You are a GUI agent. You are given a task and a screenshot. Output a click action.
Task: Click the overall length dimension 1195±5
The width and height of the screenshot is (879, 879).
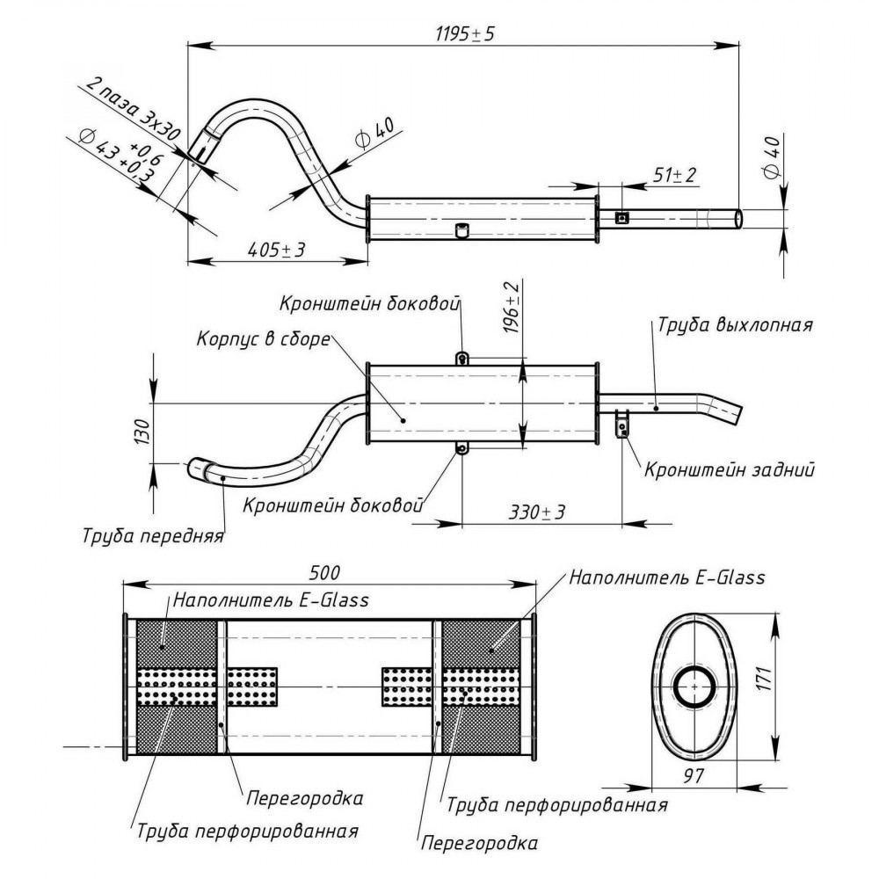pos(465,34)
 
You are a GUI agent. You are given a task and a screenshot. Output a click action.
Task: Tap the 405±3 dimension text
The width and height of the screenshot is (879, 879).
pos(276,250)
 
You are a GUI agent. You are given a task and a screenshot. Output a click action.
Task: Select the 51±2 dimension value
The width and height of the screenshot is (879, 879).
pos(674,175)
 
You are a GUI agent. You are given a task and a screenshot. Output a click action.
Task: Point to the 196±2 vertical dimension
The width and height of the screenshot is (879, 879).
pos(512,308)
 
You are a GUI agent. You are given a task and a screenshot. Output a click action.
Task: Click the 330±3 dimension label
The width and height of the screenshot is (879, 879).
pos(537,512)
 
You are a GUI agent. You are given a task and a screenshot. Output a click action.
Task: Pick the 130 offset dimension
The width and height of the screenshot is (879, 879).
pos(142,432)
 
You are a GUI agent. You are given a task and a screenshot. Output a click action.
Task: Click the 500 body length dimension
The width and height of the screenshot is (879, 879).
pos(324,572)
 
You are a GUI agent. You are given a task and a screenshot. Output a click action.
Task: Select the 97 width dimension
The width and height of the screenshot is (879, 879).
pos(694,776)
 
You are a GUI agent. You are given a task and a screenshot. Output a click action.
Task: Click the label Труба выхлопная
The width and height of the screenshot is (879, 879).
pos(735,325)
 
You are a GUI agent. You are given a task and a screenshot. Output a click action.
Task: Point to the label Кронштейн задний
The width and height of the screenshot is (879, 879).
pos(730,469)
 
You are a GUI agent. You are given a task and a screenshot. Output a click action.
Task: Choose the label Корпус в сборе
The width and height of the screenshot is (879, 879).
pos(263,339)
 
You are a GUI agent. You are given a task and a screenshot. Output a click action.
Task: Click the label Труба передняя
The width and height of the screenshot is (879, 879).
pos(152,536)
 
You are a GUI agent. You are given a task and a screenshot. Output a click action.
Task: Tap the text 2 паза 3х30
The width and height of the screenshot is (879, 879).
pos(133,109)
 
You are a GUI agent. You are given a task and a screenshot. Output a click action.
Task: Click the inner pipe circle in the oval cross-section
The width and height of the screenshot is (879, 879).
pos(694,686)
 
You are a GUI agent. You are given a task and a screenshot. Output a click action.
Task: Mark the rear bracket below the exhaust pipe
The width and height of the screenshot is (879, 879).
pos(622,424)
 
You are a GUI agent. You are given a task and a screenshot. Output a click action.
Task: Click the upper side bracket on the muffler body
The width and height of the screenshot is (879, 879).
pos(461,358)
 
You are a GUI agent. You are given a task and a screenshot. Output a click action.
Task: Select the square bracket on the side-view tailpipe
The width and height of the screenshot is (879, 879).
pos(621,217)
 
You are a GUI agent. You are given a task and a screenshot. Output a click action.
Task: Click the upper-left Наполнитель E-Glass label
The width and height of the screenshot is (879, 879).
pos(271,599)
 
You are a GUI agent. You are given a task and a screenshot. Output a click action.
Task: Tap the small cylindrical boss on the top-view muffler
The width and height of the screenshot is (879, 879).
pos(461,230)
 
